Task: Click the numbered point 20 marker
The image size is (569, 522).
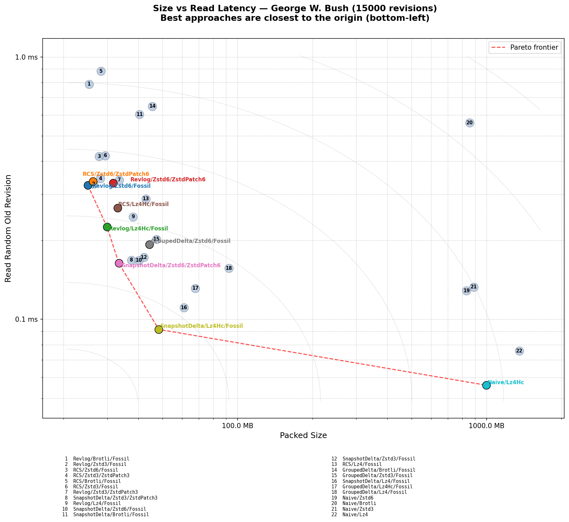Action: (x=469, y=123)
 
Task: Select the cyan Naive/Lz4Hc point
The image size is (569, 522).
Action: (x=486, y=385)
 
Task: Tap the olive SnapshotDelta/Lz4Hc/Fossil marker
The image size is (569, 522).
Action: (x=159, y=329)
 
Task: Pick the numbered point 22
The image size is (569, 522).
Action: (x=519, y=351)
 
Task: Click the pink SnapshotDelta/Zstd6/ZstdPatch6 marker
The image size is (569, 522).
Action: (x=119, y=263)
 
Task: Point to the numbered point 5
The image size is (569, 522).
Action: (x=101, y=71)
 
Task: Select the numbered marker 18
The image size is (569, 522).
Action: (x=229, y=268)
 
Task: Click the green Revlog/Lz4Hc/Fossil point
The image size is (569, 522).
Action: (x=107, y=227)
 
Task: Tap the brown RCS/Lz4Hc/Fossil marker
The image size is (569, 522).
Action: (x=118, y=208)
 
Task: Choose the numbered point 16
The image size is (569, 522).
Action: (x=184, y=308)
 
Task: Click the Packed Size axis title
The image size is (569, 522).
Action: (x=303, y=435)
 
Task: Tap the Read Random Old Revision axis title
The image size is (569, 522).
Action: (x=8, y=228)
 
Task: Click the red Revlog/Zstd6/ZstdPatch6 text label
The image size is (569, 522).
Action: (x=168, y=179)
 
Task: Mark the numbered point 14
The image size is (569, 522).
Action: (x=152, y=106)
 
